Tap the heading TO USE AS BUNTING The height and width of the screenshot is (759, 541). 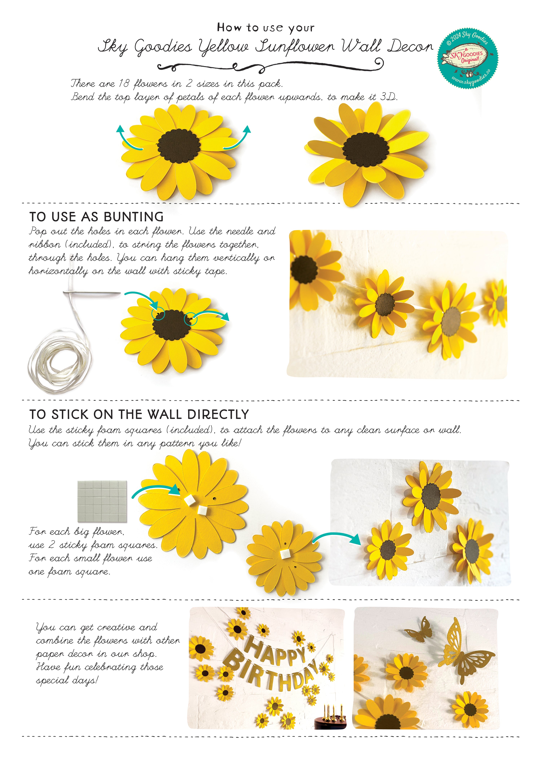[97, 217]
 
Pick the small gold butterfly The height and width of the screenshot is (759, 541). [418, 630]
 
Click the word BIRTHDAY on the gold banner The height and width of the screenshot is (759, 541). [273, 671]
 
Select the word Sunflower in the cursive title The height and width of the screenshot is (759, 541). [295, 47]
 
